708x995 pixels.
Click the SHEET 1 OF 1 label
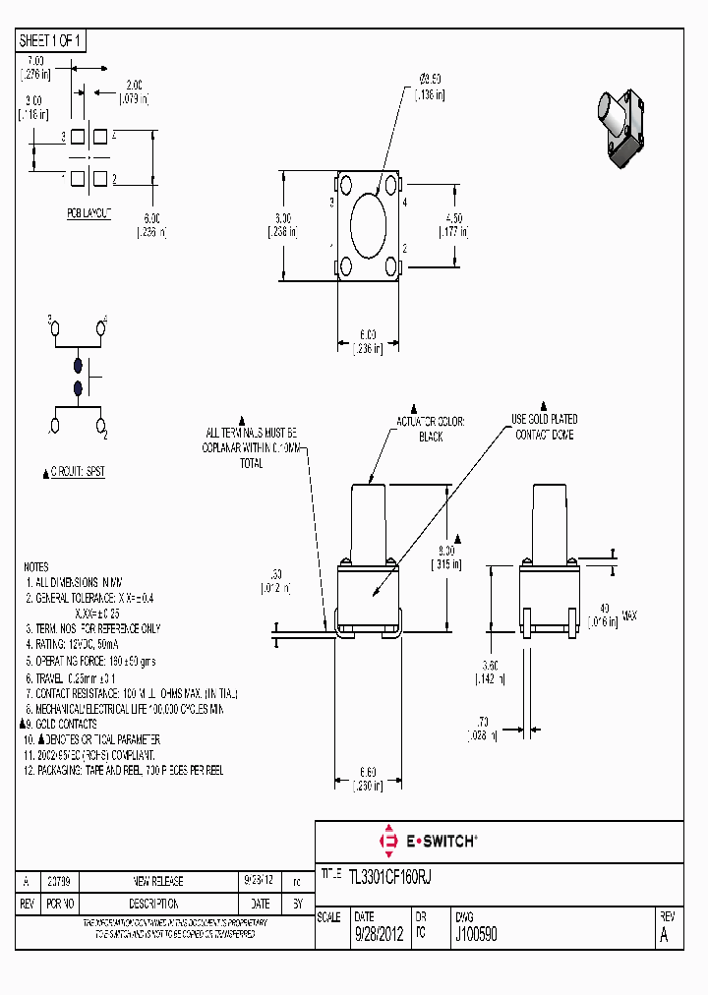52,41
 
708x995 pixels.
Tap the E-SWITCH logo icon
385,841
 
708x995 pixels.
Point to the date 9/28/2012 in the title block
379,935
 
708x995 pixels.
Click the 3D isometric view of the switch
621,129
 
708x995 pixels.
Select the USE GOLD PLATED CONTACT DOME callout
544,426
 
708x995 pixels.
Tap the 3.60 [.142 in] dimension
492,671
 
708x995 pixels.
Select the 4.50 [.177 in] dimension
452,225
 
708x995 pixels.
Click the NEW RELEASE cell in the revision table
157,881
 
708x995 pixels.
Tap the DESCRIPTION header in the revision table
157,903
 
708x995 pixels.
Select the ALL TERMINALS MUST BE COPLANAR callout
251,446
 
